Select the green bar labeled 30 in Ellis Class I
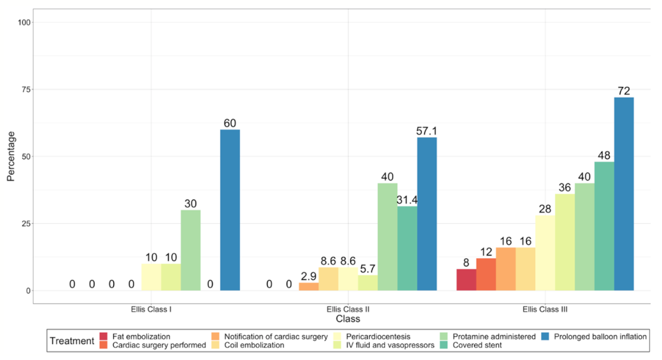pos(190,250)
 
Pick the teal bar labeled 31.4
pos(407,248)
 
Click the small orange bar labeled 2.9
pos(309,287)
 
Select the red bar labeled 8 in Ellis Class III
pos(466,280)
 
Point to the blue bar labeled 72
pos(624,194)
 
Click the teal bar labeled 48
pos(604,226)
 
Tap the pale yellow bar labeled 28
pos(545,253)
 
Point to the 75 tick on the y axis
pos(24,89)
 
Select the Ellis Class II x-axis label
pos(348,310)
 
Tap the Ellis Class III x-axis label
pos(545,310)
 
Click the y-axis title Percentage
pos(11,156)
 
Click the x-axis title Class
pos(348,319)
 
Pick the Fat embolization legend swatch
pos(103,337)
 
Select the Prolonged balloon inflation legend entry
pos(600,337)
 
